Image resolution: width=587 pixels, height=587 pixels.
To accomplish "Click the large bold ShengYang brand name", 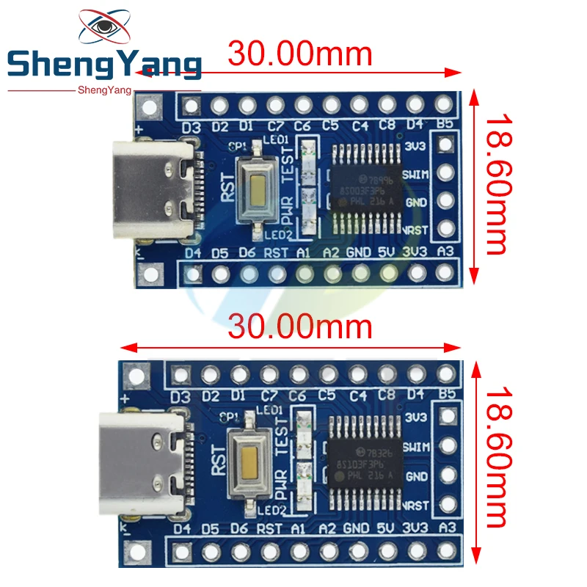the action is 103,66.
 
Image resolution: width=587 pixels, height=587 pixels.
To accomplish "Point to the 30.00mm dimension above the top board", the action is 300,54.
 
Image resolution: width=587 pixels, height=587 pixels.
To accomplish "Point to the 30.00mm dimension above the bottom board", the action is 300,326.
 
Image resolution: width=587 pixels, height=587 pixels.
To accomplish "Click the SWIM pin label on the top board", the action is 417,174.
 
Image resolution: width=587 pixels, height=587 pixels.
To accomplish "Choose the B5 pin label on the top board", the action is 445,125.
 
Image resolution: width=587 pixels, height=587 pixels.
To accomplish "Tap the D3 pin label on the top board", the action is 191,126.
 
